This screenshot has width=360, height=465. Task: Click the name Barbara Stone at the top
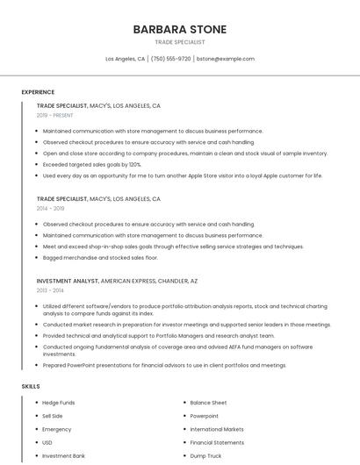point(179,30)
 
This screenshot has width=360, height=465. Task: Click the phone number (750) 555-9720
point(170,59)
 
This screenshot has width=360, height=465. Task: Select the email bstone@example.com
point(226,59)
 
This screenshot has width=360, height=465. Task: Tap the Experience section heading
point(38,92)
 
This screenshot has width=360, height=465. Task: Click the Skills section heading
point(31,386)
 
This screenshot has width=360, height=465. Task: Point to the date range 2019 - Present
point(55,115)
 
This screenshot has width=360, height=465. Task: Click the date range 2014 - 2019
point(51,209)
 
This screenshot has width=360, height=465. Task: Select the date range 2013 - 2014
point(50,290)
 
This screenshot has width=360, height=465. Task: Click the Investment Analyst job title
point(68,281)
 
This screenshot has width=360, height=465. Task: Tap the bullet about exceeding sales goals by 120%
point(92,164)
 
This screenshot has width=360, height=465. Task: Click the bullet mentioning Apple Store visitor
point(183,175)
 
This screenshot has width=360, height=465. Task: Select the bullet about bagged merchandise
point(100,258)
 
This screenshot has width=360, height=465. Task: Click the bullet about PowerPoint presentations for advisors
point(164,365)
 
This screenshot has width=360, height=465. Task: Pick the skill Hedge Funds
point(58,402)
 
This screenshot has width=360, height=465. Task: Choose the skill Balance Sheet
point(208,402)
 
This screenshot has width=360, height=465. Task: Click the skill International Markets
point(217,429)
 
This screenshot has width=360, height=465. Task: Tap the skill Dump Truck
point(205,456)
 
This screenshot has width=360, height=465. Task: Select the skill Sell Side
point(53,416)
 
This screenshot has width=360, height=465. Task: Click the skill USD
point(47,442)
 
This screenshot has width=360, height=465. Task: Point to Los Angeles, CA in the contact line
point(126,59)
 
